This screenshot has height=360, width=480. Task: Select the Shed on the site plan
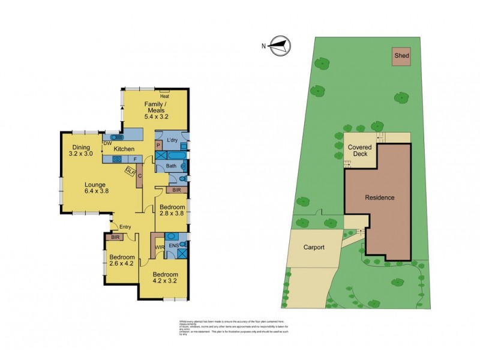pos(401,56)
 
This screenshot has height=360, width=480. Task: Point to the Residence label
pos(380,197)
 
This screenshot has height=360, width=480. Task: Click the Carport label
pos(313,247)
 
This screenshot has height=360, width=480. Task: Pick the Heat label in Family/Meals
pos(164,95)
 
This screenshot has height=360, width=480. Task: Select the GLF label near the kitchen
pos(129,170)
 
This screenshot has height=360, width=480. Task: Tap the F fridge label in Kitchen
pos(134,159)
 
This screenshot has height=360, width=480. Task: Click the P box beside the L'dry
pos(159,145)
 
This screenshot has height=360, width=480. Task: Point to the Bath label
pos(170,165)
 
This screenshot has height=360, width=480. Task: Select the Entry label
pos(125,227)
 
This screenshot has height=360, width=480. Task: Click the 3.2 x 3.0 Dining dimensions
pos(81,154)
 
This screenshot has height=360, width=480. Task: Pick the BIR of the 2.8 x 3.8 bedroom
pos(176,190)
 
